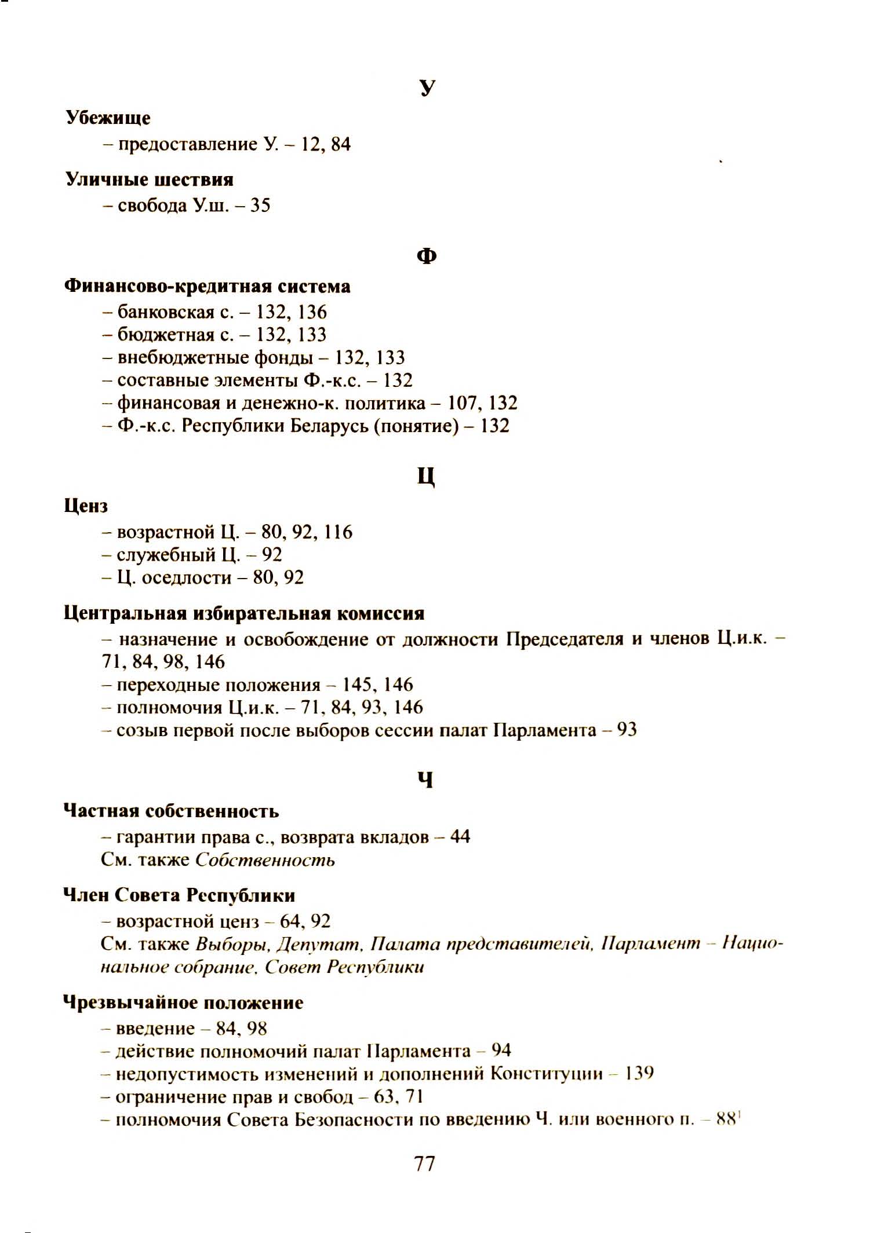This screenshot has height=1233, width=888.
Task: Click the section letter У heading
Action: (427, 87)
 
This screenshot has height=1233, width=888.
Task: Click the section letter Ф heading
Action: (427, 256)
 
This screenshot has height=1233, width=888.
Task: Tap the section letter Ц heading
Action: (426, 477)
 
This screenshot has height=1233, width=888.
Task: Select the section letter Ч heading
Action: (425, 781)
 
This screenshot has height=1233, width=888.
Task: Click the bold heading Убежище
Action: (108, 118)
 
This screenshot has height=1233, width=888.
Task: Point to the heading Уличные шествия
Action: (150, 180)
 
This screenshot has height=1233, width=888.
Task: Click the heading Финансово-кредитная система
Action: (207, 286)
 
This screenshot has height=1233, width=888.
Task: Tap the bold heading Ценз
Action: (86, 506)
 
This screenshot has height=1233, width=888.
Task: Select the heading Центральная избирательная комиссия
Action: (243, 613)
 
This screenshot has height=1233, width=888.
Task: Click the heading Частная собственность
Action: (171, 811)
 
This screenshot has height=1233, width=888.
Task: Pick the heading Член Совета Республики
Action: (179, 895)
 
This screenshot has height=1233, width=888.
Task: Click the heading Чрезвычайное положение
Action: (183, 1003)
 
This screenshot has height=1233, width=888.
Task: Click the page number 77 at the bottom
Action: (425, 1163)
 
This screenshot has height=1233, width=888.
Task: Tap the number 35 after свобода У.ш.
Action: (260, 206)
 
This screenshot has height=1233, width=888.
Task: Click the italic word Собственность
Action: (265, 860)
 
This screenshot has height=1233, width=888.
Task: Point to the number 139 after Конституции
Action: (639, 1074)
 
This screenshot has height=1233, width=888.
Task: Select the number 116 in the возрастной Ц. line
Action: (338, 532)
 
